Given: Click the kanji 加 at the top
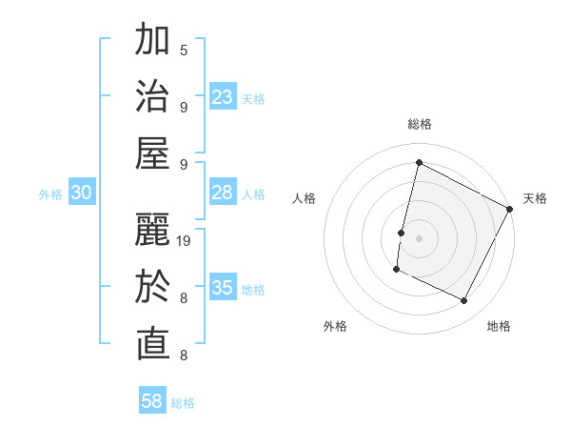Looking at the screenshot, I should pos(152,41).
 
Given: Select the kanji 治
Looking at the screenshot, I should pos(152,98).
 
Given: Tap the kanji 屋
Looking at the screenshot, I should pos(152,155).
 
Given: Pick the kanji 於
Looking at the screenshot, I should pos(152,289).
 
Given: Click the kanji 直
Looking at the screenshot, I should pos(152,346).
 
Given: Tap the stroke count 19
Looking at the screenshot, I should pos(185,240).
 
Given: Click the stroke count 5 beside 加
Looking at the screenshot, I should pos(184,50).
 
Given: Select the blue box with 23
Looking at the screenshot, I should pos(223,97).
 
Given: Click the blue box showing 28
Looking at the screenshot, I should pos(223,193).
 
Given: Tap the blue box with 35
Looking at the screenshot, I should pos(223,288).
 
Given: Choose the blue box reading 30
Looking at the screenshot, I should pos(81,193).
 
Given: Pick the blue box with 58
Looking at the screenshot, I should pos(152,401).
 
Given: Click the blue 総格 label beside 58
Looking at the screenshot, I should pos(183,403).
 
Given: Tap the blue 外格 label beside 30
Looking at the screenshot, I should pos(50,194).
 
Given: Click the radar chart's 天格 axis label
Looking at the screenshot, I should pos(535,198).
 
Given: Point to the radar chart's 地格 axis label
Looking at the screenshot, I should pos(499,326).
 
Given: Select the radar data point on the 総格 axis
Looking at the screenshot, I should pos(419,162).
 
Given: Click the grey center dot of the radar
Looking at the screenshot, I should pos(419,237).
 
